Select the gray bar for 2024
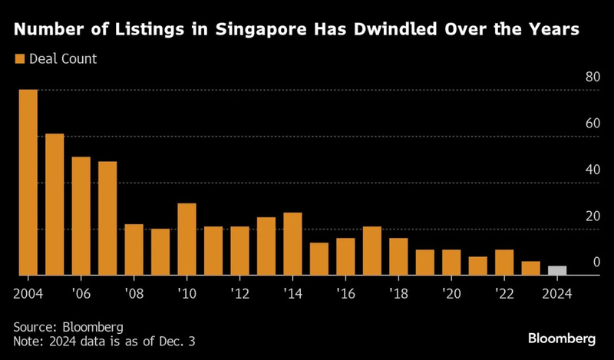point(557,270)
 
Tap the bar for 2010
point(187,239)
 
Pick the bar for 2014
point(292,243)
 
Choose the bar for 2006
point(81,216)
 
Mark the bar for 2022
point(504,262)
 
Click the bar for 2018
point(398,256)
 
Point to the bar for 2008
point(134,249)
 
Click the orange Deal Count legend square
point(20,58)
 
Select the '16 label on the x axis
point(345,293)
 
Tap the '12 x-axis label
point(239,293)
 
